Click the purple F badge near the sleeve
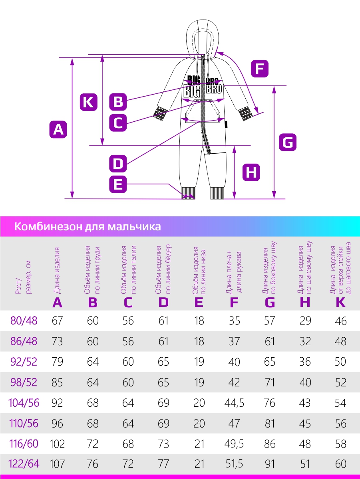point(260,69)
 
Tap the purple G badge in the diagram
point(288,142)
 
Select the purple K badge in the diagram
point(88,102)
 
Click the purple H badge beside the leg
point(251,172)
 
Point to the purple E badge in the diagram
point(118,184)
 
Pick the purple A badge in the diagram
point(58,130)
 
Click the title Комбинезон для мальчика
point(88,227)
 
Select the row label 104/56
point(24,403)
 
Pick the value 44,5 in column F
point(234,403)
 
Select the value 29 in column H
point(305,321)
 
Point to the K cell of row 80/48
point(340,321)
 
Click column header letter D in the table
point(163,303)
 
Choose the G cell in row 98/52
point(270,382)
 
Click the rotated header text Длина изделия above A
point(57,270)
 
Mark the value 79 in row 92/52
point(57,362)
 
